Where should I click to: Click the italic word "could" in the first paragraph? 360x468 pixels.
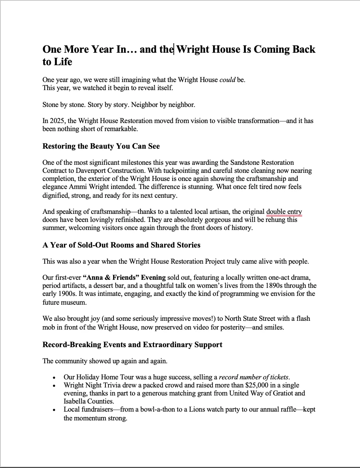[227, 79]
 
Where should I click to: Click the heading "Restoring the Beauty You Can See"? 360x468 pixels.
[101, 146]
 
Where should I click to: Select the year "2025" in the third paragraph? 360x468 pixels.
[59, 120]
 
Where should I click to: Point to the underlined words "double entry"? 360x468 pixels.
[284, 212]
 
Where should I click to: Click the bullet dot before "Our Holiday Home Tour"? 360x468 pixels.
[54, 378]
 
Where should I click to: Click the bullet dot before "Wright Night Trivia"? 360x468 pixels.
[54, 386]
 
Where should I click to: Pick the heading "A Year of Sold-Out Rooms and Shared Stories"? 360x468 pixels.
[121, 245]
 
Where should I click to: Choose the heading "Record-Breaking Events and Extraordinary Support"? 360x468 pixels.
[132, 345]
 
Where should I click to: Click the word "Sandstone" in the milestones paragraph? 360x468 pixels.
[245, 162]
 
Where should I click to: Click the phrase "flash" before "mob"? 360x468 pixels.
[303, 318]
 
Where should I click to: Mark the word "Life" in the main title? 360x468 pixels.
[63, 62]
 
